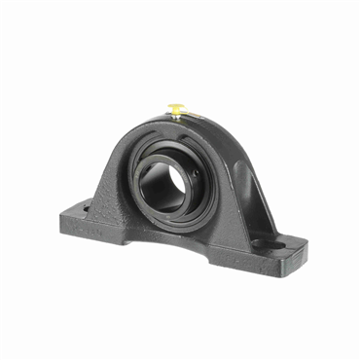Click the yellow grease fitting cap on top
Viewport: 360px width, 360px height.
[x=178, y=106]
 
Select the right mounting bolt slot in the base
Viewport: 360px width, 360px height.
[x=260, y=243]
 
